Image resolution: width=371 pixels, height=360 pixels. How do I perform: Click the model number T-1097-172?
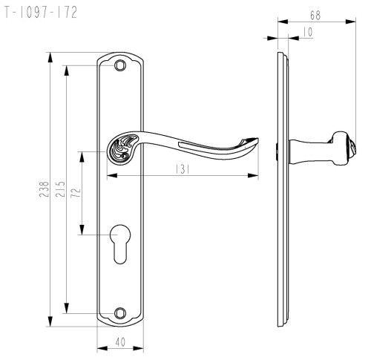click(x=41, y=13)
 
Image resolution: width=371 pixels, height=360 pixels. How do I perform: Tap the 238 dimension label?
click(x=44, y=189)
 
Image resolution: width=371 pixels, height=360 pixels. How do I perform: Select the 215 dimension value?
click(x=60, y=189)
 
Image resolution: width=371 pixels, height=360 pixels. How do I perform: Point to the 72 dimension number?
click(x=76, y=192)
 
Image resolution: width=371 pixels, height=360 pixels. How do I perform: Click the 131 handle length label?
click(x=183, y=169)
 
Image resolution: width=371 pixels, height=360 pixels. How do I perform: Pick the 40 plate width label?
click(x=120, y=342)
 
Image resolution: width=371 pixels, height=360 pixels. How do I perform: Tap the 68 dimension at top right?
click(x=315, y=16)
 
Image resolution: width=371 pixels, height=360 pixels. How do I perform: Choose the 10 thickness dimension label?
click(x=308, y=32)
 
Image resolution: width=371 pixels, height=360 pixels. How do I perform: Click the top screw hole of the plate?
click(x=120, y=65)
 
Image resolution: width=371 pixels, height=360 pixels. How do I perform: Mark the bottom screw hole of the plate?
click(x=120, y=313)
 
